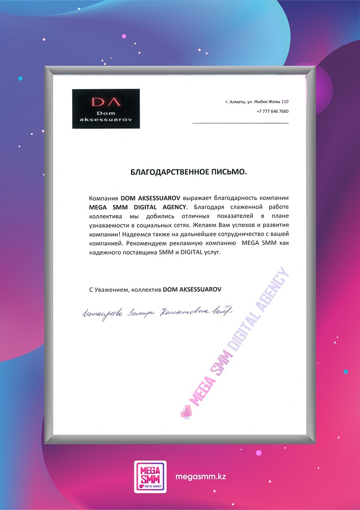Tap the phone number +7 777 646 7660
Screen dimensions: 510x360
(272, 111)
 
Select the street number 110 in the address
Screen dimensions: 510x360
(285, 101)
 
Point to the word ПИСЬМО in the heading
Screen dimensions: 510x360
(229, 172)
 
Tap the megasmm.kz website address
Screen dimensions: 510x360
(200, 476)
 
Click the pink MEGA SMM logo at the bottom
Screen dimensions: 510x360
(150, 475)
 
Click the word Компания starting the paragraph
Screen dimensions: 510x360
(104, 197)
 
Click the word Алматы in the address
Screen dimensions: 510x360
(236, 101)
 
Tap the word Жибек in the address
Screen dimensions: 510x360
(263, 101)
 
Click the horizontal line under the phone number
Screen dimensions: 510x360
(240, 123)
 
